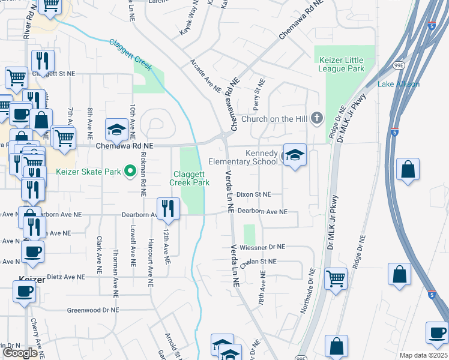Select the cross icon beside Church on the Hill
318,119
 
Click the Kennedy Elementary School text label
243,157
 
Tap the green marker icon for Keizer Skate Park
129,172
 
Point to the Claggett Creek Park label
189,178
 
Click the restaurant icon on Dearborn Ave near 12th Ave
169,208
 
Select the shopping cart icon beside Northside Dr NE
336,278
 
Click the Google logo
20,353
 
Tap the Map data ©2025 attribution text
423,355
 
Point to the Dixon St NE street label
254,194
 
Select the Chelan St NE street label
258,262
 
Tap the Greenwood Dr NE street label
93,310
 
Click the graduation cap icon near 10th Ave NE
116,129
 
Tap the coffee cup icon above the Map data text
437,332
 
